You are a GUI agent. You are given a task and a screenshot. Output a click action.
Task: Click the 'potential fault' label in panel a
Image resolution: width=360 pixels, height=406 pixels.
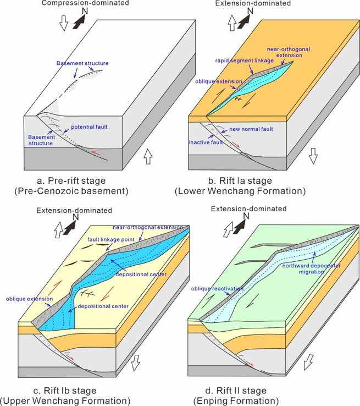tap(89, 127)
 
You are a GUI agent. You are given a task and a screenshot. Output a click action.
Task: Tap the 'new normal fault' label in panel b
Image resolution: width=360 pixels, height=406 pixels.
tap(251, 129)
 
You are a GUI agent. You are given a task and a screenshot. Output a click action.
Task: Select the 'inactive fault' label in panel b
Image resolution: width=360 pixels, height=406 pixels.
tap(206, 142)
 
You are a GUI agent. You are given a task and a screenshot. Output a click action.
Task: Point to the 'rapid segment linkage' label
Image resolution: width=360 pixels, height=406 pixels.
tap(245, 61)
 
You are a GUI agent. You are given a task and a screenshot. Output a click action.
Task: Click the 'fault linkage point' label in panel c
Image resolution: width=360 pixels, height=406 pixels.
tap(111, 239)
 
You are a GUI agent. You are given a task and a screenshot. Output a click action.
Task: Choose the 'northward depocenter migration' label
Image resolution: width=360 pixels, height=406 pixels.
tap(312, 269)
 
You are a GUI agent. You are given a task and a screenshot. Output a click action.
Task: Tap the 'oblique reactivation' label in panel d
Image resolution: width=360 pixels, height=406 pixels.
tap(217, 288)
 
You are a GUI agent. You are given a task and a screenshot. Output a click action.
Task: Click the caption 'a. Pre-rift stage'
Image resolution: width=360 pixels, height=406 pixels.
tap(71, 180)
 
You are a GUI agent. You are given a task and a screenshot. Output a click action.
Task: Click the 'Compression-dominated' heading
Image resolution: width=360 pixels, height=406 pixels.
tap(85, 3)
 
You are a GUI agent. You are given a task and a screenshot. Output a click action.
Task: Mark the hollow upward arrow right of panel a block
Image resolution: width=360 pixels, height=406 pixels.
tap(148, 156)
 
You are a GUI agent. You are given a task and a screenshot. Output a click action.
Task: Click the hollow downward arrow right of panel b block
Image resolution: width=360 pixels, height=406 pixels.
tap(313, 156)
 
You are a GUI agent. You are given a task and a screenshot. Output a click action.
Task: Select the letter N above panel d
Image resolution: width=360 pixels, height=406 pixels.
tap(246, 216)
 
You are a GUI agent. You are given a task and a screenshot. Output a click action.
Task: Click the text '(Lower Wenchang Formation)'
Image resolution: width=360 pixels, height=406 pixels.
tap(240, 191)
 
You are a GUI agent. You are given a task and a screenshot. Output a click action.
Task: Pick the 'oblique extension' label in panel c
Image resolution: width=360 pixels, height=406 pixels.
tap(30, 299)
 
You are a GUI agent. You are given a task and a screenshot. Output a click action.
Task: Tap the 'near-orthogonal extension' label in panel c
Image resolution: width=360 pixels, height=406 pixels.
tap(148, 227)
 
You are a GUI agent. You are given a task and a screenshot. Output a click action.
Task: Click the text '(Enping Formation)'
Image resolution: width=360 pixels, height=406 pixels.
tap(236, 401)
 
